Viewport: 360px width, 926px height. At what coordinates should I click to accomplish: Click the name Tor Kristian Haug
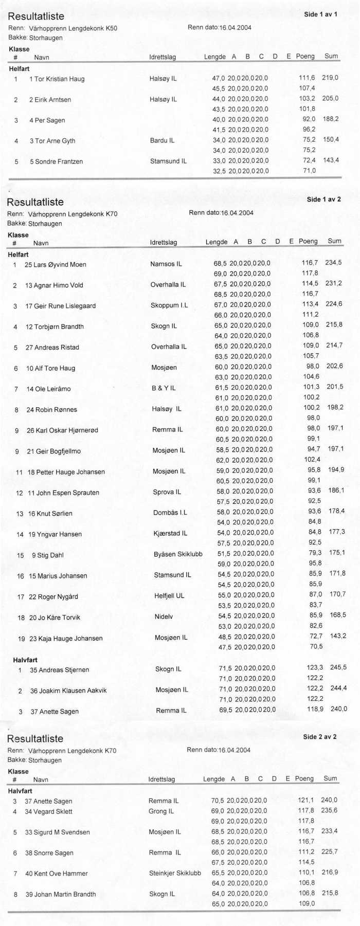click(59, 79)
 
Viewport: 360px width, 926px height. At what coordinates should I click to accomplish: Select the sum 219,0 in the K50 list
click(330, 78)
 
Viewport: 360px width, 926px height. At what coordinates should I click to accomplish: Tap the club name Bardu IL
click(162, 140)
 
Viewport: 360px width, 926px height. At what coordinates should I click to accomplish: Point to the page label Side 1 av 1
click(320, 14)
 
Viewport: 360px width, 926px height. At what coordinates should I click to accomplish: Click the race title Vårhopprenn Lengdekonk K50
click(73, 28)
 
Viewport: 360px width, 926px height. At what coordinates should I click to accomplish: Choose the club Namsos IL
click(166, 264)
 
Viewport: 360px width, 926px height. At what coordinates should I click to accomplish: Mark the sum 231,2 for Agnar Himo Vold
click(333, 283)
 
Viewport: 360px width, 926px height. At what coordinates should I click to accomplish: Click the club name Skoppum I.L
click(169, 305)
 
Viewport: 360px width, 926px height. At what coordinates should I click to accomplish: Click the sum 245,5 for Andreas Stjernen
click(338, 667)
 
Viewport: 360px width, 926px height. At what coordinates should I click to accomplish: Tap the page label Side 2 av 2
click(320, 737)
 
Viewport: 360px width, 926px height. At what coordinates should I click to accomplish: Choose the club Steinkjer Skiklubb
click(175, 873)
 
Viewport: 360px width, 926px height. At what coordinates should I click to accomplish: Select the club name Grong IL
click(161, 811)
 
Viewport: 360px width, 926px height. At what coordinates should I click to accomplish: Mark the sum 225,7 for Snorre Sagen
click(329, 852)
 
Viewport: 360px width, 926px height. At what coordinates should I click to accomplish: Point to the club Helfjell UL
click(169, 596)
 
